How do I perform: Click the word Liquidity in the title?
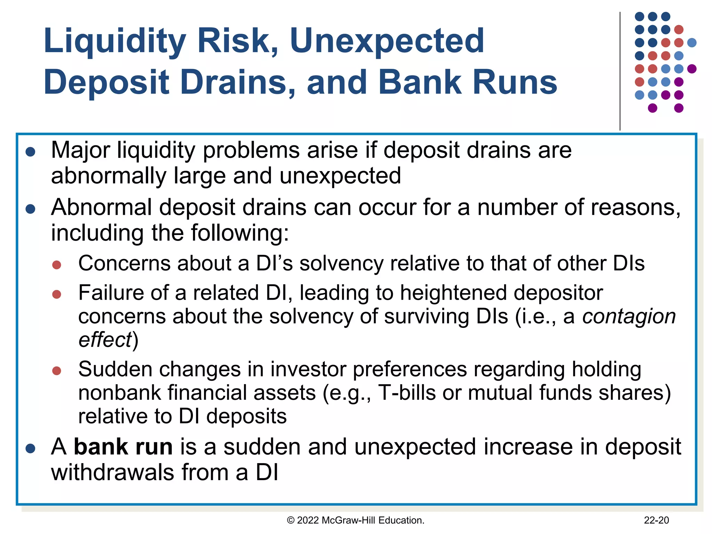(x=115, y=42)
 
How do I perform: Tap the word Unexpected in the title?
(x=387, y=42)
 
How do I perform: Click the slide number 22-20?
(x=656, y=520)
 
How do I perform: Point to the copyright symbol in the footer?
(x=291, y=520)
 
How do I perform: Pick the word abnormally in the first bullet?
(x=108, y=176)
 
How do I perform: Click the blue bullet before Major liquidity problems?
(x=31, y=152)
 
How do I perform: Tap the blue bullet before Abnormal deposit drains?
(x=31, y=209)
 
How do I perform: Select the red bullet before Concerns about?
(x=57, y=265)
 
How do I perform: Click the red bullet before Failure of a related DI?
(x=57, y=294)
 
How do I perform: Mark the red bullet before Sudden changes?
(x=57, y=371)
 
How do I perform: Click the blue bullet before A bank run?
(x=31, y=448)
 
